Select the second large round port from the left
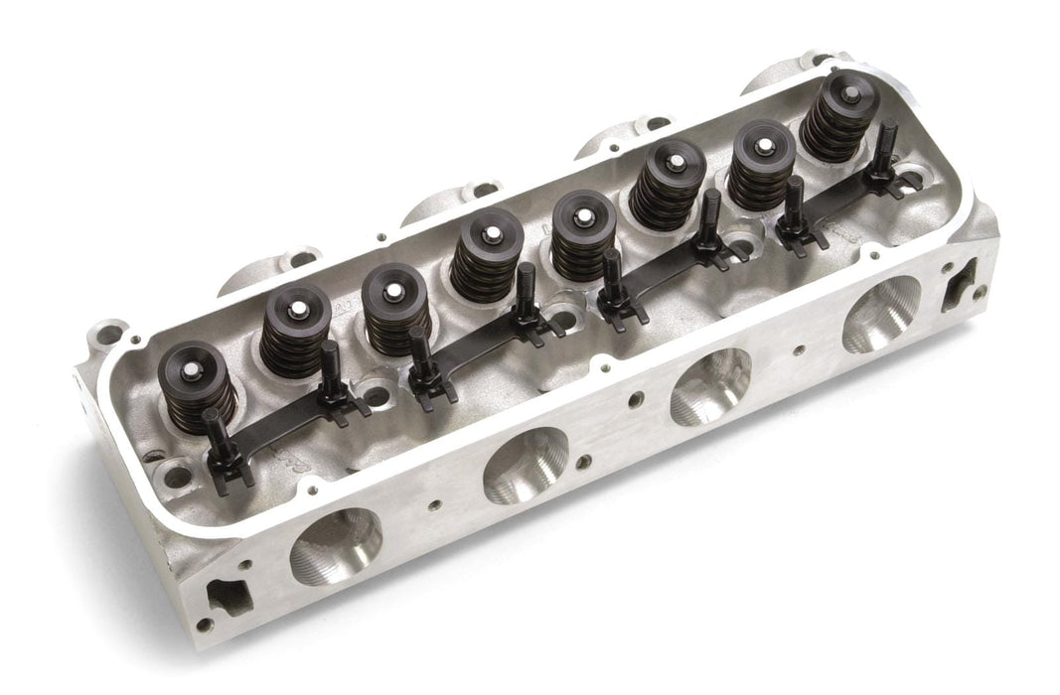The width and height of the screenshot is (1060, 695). tap(526, 466)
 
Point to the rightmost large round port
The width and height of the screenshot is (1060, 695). tap(881, 314)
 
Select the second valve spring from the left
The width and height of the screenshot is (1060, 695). tap(295, 329)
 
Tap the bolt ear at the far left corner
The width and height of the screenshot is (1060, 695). tap(106, 332)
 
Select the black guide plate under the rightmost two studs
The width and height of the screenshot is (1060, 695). tap(834, 204)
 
